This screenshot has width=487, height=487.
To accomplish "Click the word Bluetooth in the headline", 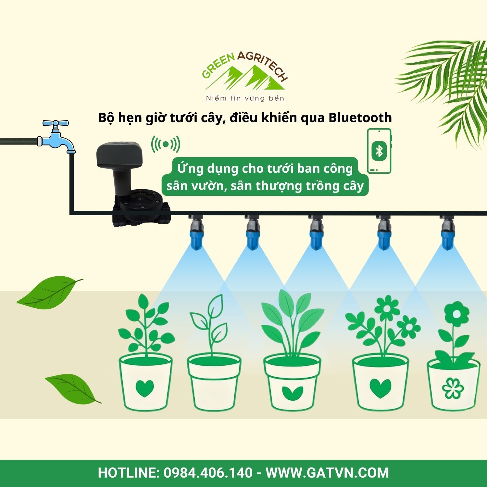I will (360, 118).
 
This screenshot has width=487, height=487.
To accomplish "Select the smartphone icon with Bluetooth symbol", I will (379, 151).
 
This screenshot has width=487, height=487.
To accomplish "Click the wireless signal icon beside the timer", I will (166, 144).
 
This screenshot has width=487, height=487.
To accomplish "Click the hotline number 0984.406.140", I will (208, 472).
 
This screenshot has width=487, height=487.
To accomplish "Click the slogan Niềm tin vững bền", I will (245, 98).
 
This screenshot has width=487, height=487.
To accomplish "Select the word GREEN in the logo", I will (218, 67).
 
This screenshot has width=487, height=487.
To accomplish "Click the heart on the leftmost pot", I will (144, 388).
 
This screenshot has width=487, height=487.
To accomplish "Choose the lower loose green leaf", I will (72, 388).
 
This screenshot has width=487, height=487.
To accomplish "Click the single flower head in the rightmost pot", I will (456, 314).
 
